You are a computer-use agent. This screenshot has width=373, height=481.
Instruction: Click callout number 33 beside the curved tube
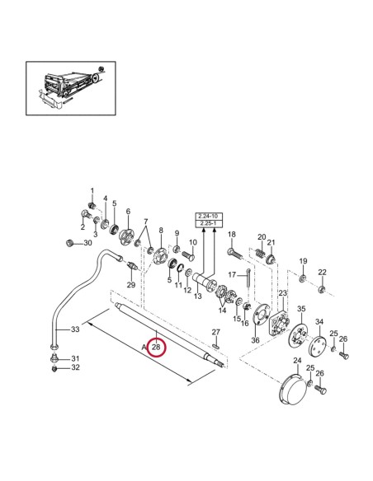coord(74,329)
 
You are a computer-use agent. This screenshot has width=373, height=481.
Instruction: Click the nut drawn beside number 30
coord(71,242)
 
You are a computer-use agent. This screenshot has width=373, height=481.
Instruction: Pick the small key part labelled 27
coord(215,343)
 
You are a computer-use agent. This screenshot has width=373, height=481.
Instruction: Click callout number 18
coord(232,235)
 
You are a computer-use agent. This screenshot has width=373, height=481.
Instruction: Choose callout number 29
coord(130,285)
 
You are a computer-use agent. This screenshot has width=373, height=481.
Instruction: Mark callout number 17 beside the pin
coord(233,274)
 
